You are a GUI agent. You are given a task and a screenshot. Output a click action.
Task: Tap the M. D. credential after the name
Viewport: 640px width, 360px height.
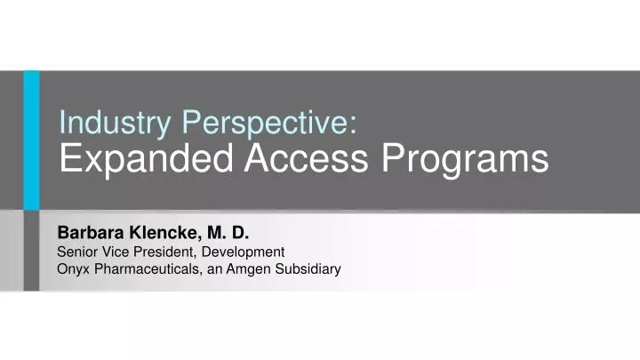(x=228, y=234)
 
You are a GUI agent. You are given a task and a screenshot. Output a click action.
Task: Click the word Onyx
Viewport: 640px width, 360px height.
(x=73, y=268)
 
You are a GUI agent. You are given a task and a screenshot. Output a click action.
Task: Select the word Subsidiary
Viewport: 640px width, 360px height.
(x=310, y=268)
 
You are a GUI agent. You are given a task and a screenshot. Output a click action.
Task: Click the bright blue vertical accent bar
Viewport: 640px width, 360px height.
(x=31, y=140)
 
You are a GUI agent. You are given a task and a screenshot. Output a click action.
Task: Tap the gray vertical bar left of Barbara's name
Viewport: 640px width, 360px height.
(x=31, y=252)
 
